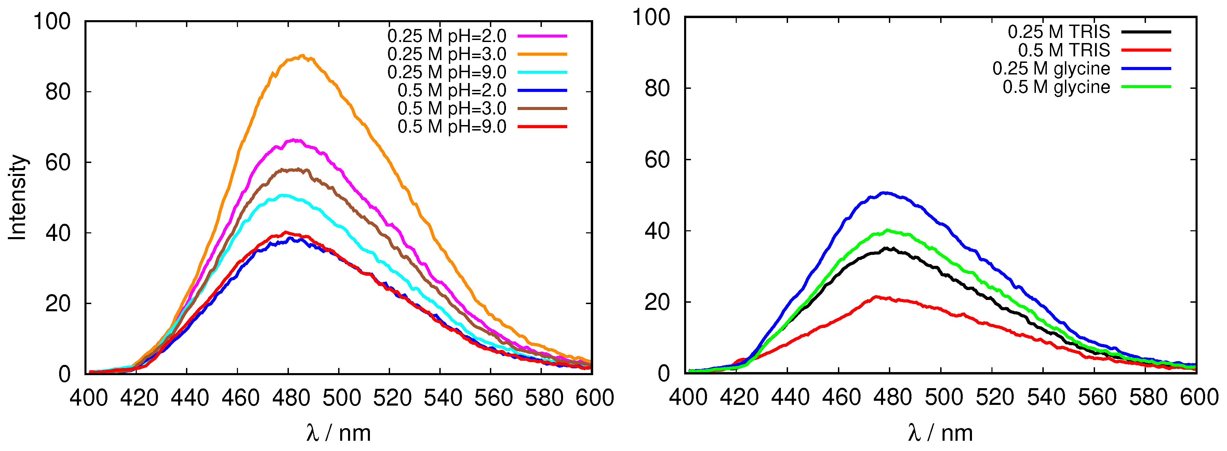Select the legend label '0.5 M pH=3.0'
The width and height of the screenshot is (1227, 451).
tap(452, 109)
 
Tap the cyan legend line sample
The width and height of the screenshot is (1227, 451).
tap(542, 72)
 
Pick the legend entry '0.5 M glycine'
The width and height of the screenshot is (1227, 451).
tap(1056, 87)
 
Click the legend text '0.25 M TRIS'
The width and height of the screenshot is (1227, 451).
tap(1058, 32)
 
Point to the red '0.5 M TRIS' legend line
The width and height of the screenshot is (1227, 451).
tap(1146, 50)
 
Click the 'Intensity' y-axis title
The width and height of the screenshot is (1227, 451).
tap(18, 197)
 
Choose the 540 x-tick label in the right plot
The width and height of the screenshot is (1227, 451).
tap(1045, 397)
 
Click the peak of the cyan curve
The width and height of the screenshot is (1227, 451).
tap(284, 195)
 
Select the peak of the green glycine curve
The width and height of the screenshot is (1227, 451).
tap(887, 231)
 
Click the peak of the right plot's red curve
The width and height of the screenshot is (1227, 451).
tap(877, 297)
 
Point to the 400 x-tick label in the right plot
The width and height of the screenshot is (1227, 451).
tap(688, 397)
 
